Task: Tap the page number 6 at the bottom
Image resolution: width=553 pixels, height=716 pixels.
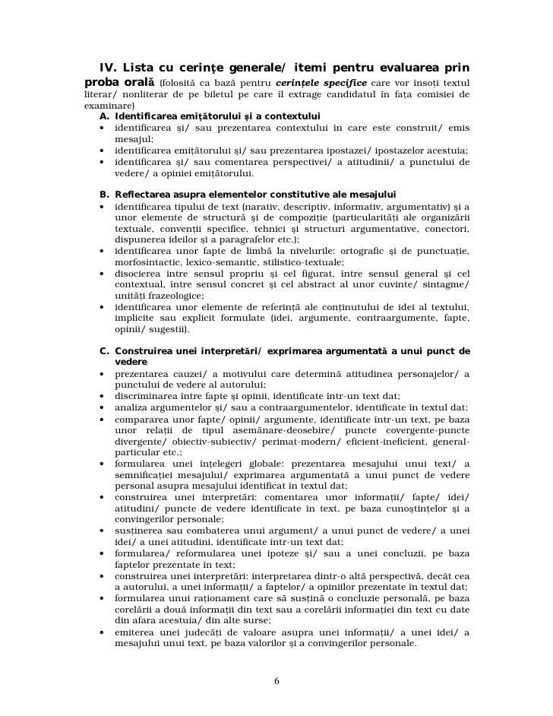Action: pyautogui.click(x=276, y=680)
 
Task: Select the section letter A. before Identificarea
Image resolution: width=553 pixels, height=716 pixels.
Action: pyautogui.click(x=104, y=116)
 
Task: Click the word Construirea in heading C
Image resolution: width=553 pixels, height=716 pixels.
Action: pyautogui.click(x=147, y=350)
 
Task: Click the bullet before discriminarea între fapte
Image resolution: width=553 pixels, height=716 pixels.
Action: pyautogui.click(x=102, y=395)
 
